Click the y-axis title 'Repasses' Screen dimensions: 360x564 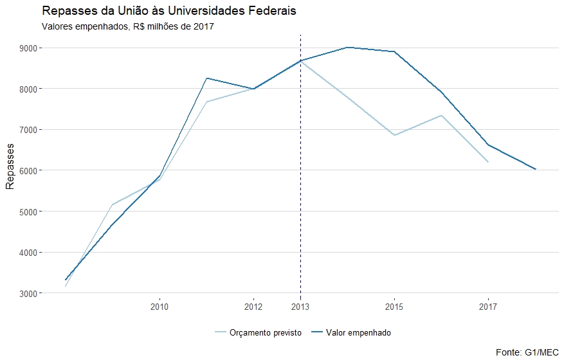tap(10, 170)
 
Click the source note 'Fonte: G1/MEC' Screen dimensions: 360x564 tap(528, 352)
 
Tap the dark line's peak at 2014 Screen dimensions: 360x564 tap(347, 48)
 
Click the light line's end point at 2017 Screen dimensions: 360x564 tap(488, 161)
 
